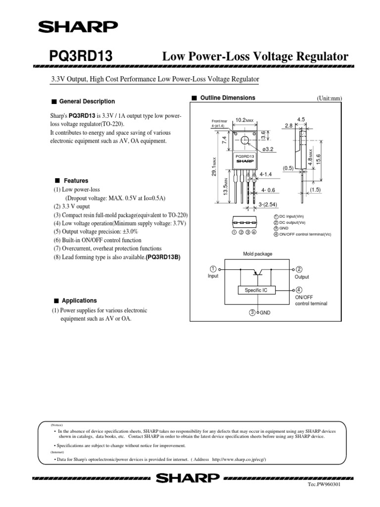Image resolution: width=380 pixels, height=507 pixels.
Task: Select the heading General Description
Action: pos(87,101)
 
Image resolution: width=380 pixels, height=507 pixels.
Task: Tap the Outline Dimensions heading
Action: pos(227,98)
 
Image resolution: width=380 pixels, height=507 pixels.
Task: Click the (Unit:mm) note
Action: pos(329,99)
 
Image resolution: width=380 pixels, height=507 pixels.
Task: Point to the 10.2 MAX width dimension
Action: pos(244,120)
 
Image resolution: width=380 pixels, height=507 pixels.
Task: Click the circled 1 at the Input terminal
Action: pos(213,268)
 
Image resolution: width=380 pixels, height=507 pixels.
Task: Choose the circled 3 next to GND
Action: pos(252,312)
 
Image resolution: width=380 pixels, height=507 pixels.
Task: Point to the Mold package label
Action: pos(257,254)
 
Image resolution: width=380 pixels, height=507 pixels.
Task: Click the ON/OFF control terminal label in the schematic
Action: pos(311,300)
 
